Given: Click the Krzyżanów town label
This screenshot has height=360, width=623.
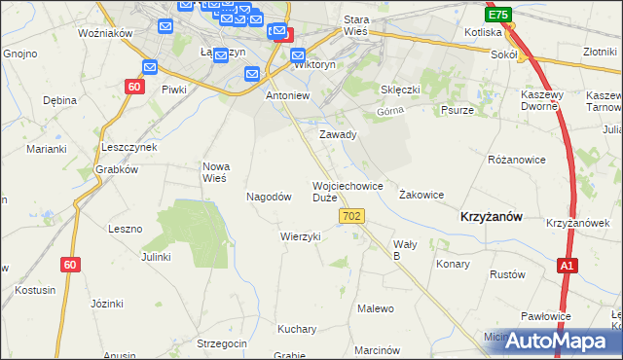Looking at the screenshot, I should pyautogui.click(x=492, y=218).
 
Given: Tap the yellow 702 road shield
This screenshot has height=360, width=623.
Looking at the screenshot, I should pyautogui.click(x=352, y=224).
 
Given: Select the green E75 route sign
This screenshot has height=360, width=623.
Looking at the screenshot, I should pyautogui.click(x=498, y=16).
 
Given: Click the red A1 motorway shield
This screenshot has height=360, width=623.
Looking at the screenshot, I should pyautogui.click(x=568, y=265).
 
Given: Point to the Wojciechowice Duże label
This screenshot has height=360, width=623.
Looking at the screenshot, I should pyautogui.click(x=348, y=192).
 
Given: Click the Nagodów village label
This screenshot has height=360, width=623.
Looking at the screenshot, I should pyautogui.click(x=269, y=196).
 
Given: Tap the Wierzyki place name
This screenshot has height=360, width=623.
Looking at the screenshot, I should pyautogui.click(x=300, y=236).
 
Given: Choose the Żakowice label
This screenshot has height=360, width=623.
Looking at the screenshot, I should pyautogui.click(x=421, y=195).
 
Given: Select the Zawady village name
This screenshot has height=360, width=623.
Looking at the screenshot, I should pyautogui.click(x=338, y=135).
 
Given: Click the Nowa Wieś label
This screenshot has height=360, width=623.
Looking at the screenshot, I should pyautogui.click(x=214, y=172).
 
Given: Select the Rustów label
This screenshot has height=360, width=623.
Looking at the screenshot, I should pyautogui.click(x=506, y=274).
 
